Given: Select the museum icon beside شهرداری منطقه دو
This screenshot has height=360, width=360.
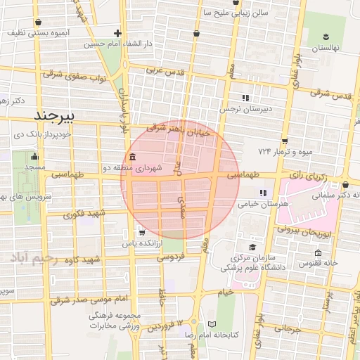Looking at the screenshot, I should click(133, 157).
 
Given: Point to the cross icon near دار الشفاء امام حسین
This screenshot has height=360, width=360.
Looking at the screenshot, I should click(117, 33).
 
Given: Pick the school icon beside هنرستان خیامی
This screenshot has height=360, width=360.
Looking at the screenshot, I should click(263, 193).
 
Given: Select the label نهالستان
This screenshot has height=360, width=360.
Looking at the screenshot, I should click(326, 47).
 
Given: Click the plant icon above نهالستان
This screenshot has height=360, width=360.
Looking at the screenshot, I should click(326, 37).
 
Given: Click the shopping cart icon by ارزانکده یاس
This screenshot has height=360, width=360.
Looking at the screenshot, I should click(143, 233).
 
